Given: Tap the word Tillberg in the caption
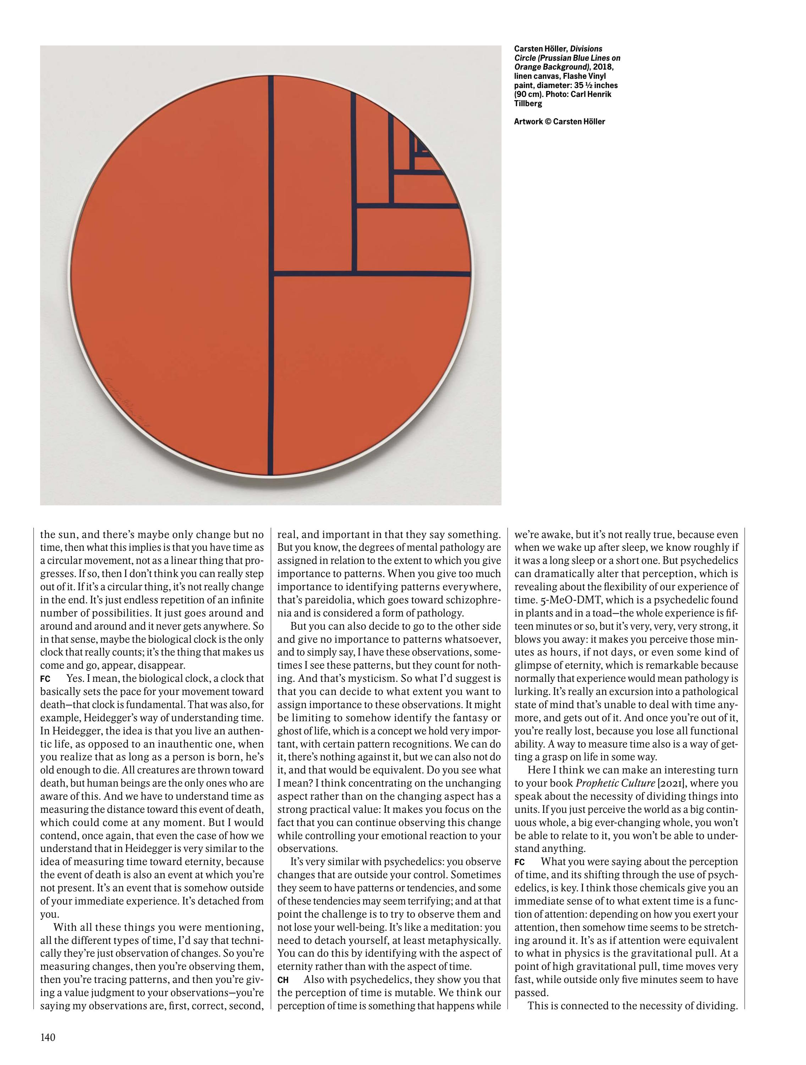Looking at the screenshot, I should pyautogui.click(x=528, y=103).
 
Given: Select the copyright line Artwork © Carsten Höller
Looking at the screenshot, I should pyautogui.click(x=559, y=122).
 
